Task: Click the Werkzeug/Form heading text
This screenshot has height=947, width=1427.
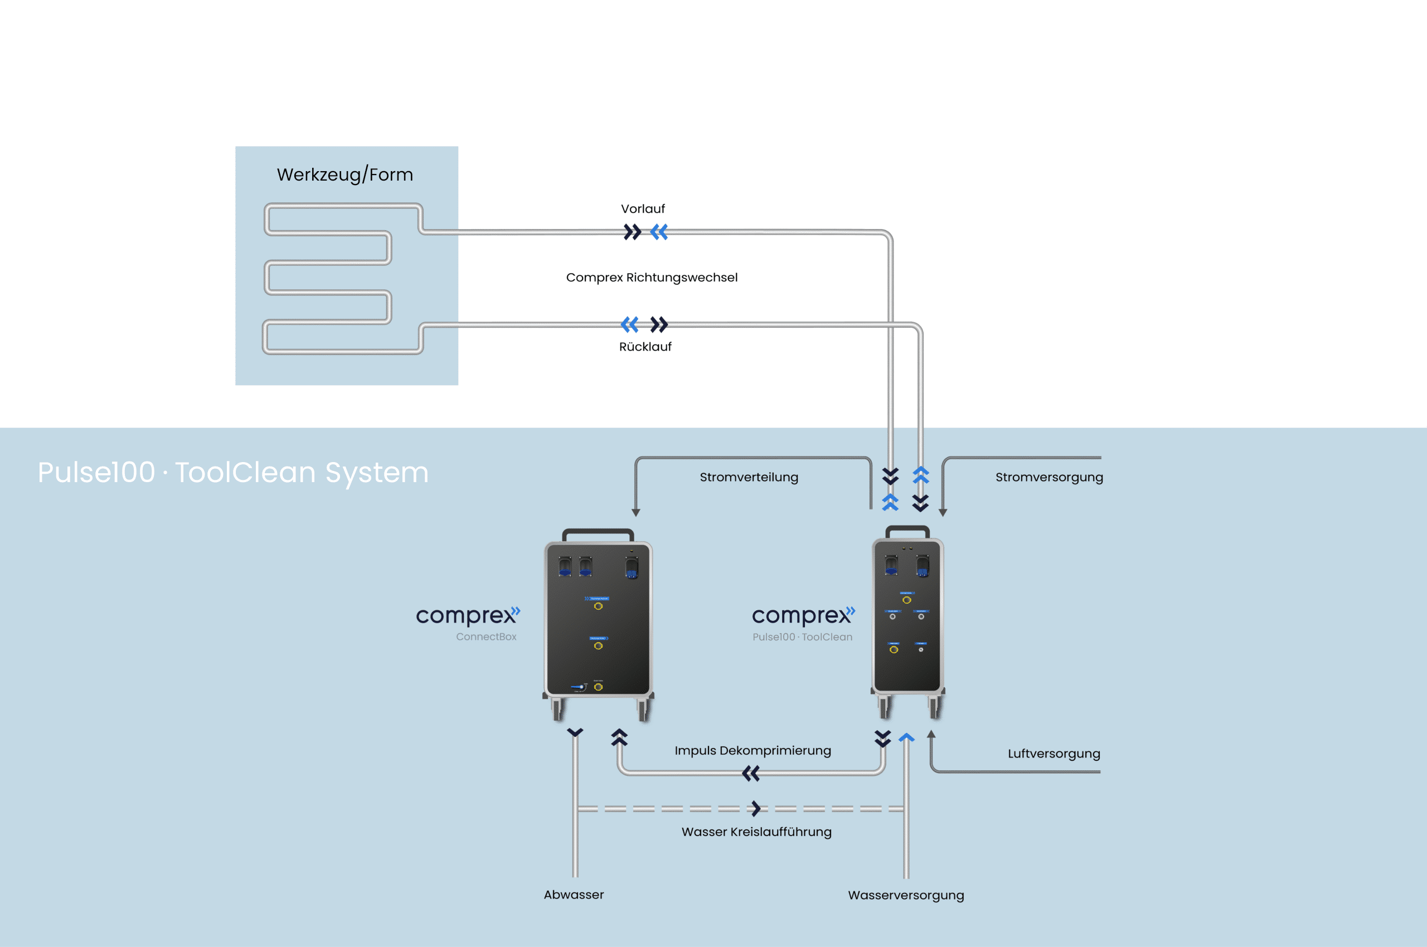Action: (x=345, y=174)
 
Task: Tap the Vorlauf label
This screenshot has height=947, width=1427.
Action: (x=643, y=209)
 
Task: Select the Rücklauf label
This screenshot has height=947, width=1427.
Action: (x=645, y=347)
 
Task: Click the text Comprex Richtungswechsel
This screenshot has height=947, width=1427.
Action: (x=652, y=277)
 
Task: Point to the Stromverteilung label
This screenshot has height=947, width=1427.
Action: (x=749, y=477)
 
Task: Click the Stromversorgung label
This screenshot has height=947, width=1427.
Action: (x=1049, y=477)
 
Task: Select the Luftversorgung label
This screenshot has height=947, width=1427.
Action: (x=1054, y=754)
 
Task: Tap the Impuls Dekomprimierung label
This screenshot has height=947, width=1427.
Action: (x=753, y=751)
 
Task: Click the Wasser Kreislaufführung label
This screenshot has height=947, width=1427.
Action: (x=756, y=832)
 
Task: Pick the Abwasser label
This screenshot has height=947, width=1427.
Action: (x=573, y=895)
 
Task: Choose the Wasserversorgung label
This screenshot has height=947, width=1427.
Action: (x=906, y=895)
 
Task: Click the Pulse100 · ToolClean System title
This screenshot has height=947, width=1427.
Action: (x=233, y=472)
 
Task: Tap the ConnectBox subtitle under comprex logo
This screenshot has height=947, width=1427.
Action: (x=486, y=637)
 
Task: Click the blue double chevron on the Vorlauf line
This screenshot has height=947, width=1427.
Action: (x=659, y=232)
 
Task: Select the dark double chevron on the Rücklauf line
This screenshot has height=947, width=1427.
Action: (x=659, y=325)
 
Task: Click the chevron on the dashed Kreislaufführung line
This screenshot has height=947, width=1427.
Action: (x=756, y=808)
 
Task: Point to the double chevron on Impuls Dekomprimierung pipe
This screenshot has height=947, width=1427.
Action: (x=751, y=774)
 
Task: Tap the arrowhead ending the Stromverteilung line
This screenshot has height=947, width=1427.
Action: (x=636, y=512)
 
